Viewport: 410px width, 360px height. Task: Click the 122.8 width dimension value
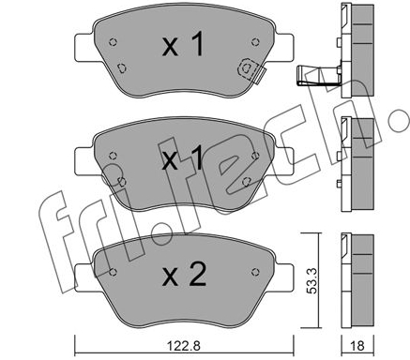click(x=184, y=346)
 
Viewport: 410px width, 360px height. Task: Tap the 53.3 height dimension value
click(x=311, y=280)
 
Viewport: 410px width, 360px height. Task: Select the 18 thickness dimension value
click(x=357, y=346)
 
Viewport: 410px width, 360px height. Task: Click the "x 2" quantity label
click(x=184, y=275)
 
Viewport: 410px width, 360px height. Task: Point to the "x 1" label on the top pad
click(x=183, y=45)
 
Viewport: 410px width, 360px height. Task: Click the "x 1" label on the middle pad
click(x=183, y=159)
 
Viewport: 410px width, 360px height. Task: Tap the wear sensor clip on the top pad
click(x=251, y=70)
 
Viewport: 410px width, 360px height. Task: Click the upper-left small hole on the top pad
click(x=113, y=42)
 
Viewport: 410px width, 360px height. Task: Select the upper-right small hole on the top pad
click(x=255, y=42)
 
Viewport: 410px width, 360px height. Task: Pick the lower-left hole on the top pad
click(x=121, y=67)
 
